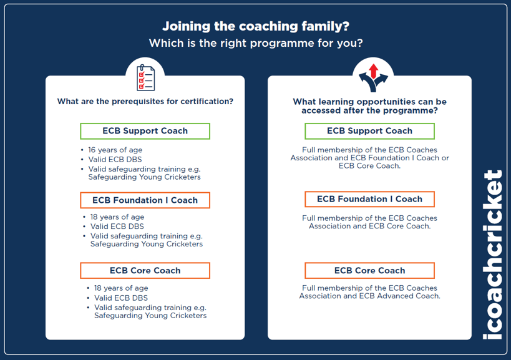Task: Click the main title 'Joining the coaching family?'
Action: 255,26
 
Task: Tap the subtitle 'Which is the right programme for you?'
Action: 255,44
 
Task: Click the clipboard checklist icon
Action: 145,77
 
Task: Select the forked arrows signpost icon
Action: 372,77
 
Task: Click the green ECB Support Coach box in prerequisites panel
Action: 145,131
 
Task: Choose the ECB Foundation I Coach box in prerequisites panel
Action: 145,200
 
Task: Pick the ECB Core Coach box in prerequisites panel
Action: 145,271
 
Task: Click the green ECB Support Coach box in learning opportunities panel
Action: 369,131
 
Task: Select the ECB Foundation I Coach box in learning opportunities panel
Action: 369,199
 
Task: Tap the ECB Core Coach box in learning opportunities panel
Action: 369,271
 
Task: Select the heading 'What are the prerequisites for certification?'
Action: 145,102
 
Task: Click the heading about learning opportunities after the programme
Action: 369,106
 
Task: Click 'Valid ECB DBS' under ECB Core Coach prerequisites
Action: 121,298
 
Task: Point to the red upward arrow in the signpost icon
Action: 373,69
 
